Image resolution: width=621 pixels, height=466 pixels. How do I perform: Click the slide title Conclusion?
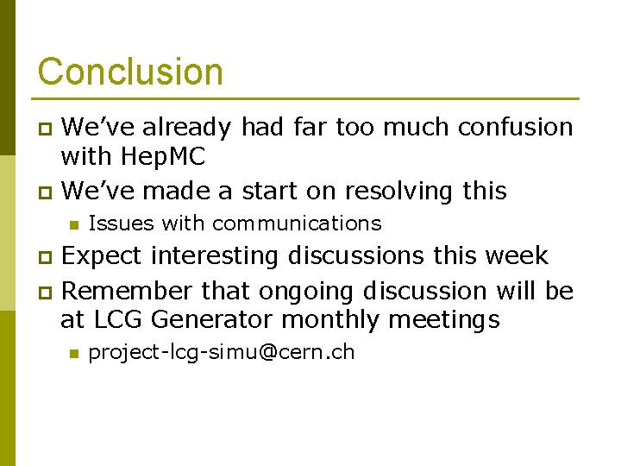point(130,72)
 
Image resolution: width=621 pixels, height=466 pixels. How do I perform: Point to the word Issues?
point(121,224)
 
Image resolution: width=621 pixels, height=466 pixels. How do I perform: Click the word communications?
point(297,224)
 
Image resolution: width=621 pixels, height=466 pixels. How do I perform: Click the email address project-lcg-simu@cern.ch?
point(221,353)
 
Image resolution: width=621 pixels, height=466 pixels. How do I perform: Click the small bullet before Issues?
point(74,224)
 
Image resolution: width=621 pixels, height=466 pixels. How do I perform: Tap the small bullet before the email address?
point(74,353)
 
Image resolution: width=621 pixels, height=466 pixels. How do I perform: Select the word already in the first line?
point(187,128)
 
